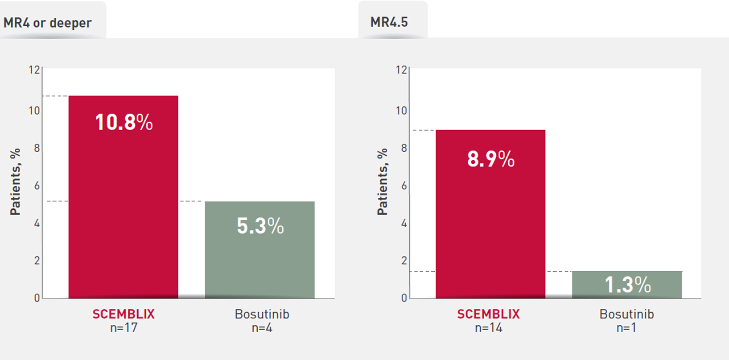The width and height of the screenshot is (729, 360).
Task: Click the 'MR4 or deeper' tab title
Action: coord(48,23)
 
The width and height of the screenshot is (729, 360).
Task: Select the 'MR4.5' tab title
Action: coord(389,22)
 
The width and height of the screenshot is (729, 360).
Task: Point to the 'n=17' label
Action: coord(124,328)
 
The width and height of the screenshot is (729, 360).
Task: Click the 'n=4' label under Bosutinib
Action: coord(262,328)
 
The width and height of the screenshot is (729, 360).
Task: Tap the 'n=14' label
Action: coord(488,328)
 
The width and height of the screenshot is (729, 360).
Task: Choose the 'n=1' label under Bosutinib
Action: coord(626,328)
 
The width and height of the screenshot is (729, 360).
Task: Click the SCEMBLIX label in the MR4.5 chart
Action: coord(488,314)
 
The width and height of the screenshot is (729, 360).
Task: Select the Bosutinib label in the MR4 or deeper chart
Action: coord(262,314)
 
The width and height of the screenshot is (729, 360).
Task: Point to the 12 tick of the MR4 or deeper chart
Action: coord(34,70)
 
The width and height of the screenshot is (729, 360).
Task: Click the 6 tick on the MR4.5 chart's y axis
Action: coord(404,186)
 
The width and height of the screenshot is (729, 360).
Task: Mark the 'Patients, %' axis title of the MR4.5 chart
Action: coord(383,182)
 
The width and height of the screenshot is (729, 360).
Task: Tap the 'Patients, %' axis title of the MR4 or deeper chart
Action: coord(15,182)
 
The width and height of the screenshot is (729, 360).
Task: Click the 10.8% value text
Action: coord(124,122)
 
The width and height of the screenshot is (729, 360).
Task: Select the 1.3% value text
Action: coord(628,285)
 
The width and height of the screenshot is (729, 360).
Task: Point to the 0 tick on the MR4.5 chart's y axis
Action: coord(404,298)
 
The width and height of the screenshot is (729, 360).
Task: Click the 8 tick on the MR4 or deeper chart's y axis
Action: coord(37,148)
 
